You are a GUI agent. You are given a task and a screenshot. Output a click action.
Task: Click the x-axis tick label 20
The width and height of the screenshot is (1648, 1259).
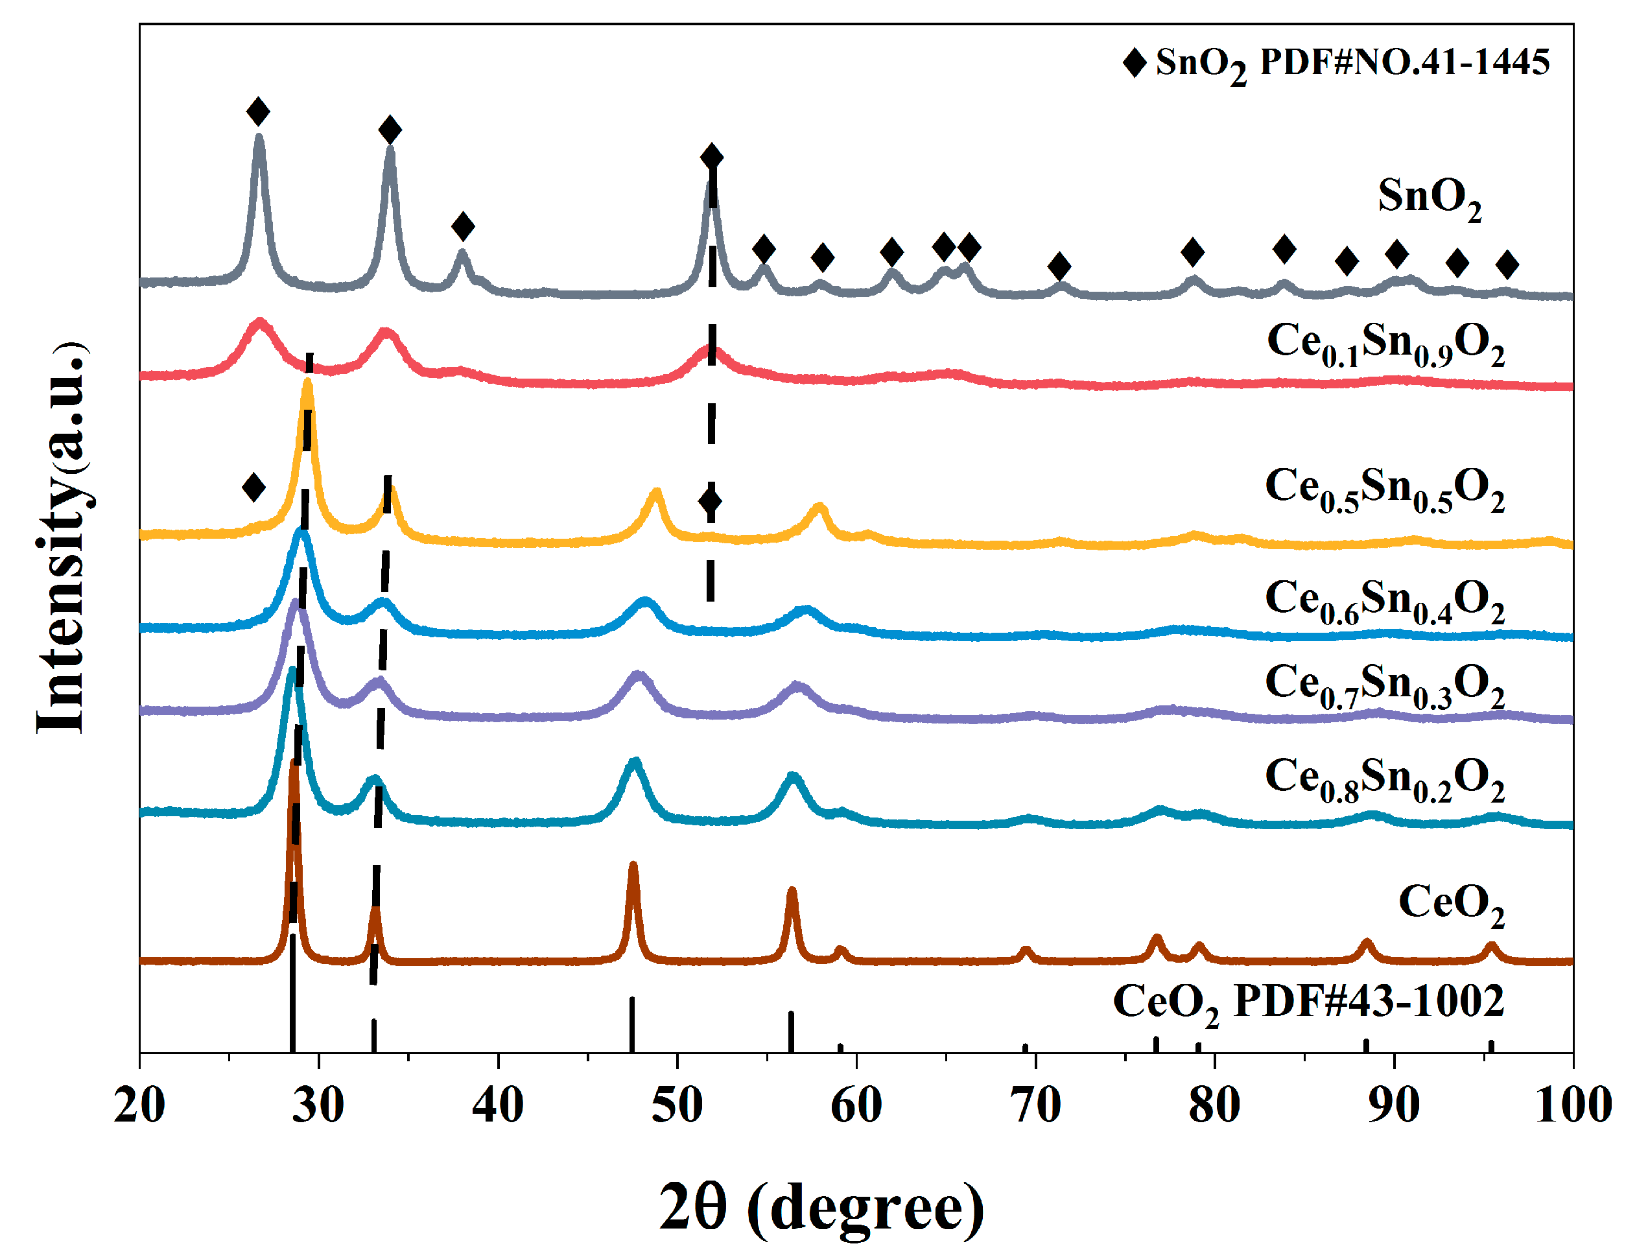(139, 1105)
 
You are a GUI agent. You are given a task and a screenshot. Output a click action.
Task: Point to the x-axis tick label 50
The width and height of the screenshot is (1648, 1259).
(677, 1105)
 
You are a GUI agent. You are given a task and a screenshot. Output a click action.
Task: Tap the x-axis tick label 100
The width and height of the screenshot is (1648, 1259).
(1572, 1105)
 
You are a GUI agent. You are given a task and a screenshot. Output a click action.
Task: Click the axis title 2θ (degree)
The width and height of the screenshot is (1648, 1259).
(821, 1207)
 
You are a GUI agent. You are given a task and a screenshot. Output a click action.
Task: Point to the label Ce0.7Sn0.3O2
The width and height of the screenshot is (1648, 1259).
(1384, 684)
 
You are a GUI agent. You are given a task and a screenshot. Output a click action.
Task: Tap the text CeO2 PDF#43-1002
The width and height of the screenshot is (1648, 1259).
(1308, 1002)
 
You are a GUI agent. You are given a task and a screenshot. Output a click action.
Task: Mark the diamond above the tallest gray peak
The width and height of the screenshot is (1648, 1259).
(258, 112)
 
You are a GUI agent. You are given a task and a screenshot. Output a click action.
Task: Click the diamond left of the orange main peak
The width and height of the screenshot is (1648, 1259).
(254, 487)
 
